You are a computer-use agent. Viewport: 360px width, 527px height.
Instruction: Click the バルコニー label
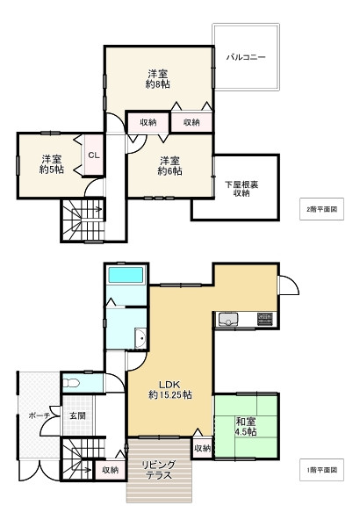point(245,57)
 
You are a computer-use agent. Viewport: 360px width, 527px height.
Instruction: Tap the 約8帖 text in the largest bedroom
point(158,85)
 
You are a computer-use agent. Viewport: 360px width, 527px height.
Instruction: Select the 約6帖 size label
point(169,171)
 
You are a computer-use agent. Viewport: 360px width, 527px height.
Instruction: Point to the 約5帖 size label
point(51,170)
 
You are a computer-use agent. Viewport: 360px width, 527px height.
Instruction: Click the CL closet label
point(93,155)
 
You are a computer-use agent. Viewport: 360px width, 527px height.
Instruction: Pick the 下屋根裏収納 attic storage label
point(241,189)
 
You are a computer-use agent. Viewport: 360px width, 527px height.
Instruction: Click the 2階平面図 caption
point(321,210)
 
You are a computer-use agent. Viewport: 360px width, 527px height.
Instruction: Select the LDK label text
point(169,382)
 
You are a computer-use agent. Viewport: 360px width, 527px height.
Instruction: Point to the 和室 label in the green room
point(246,422)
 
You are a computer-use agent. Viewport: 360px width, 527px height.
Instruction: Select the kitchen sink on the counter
point(229,318)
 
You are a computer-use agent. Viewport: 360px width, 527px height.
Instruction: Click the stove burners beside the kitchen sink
point(265,317)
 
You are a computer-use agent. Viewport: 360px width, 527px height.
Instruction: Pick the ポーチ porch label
point(39,415)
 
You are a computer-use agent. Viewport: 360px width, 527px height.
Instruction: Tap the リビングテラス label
point(159,469)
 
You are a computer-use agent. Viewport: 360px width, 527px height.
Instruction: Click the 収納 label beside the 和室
point(202,448)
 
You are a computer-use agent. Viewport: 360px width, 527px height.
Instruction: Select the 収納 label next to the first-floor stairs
point(109,470)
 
